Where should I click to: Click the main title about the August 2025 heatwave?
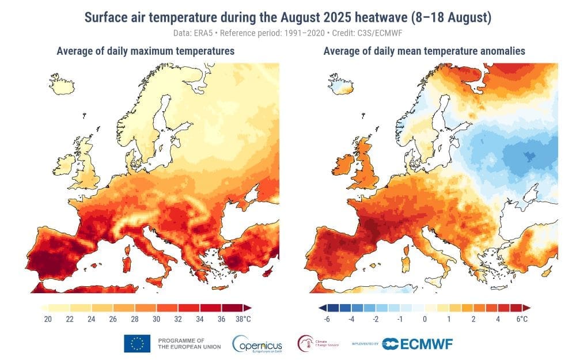click(x=288, y=17)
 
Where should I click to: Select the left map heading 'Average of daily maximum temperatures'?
click(x=145, y=51)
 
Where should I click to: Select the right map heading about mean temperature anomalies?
click(x=424, y=51)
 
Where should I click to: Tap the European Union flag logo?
click(x=137, y=344)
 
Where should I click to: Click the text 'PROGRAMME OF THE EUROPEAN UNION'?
click(x=185, y=344)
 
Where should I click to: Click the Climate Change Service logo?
click(x=318, y=344)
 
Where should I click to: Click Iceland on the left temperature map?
click(x=63, y=84)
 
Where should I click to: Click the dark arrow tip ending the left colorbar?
click(x=248, y=308)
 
